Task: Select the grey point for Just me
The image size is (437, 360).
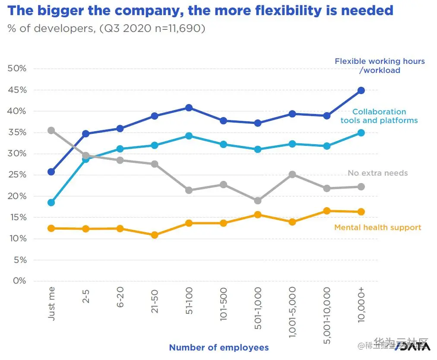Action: tap(51, 130)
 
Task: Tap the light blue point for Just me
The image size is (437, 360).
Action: tap(51, 202)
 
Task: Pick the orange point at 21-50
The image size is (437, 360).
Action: tap(155, 235)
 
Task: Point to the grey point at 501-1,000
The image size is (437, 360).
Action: tap(258, 201)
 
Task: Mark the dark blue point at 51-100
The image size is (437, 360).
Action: tap(189, 107)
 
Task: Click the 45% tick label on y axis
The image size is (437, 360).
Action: tap(17, 90)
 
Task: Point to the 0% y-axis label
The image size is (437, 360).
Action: tap(19, 281)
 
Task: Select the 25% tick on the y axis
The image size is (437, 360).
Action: tap(17, 175)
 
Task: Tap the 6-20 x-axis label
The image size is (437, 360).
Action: tap(120, 298)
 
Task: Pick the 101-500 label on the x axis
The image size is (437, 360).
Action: tap(223, 304)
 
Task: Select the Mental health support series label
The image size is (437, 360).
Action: tap(378, 227)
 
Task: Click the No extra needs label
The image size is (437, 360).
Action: tap(377, 173)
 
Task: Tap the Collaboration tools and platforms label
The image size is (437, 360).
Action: tap(379, 116)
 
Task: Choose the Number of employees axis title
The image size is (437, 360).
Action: tap(219, 347)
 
